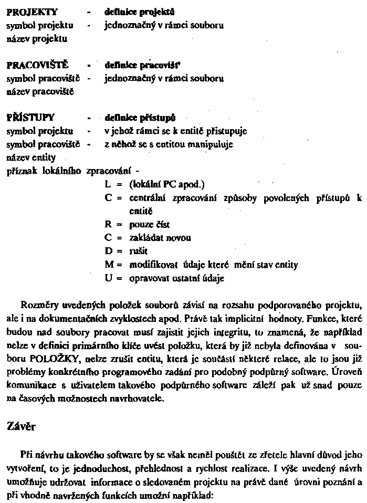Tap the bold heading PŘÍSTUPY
[x=30, y=118]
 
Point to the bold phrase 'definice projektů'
[x=140, y=12]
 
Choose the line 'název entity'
[x=31, y=157]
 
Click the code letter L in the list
[x=108, y=184]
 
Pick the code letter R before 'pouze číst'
[x=108, y=224]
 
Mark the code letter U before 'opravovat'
[x=109, y=278]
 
